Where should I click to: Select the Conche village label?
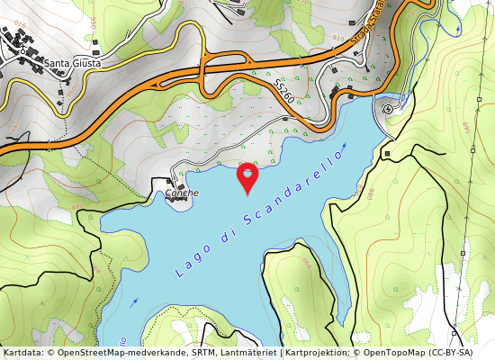(181, 193)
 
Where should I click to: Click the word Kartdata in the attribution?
(21, 353)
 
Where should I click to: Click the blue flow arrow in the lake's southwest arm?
(135, 302)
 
